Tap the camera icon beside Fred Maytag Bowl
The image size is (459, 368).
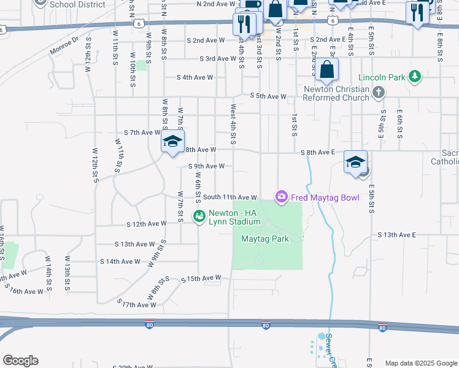(281, 196)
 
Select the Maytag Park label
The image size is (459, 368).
(264, 239)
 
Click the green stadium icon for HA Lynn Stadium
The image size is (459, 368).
(199, 216)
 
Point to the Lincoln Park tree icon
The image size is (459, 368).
(415, 76)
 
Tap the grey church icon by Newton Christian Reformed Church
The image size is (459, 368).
(379, 93)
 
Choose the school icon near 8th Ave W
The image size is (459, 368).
(172, 142)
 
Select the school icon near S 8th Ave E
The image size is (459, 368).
(355, 162)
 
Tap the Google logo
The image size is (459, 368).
(20, 361)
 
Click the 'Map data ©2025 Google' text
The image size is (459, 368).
(420, 363)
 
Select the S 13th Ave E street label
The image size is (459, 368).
(397, 235)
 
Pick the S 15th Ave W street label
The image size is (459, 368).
(201, 278)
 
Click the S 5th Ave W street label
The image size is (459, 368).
(268, 96)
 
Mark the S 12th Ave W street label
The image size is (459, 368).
(146, 224)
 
